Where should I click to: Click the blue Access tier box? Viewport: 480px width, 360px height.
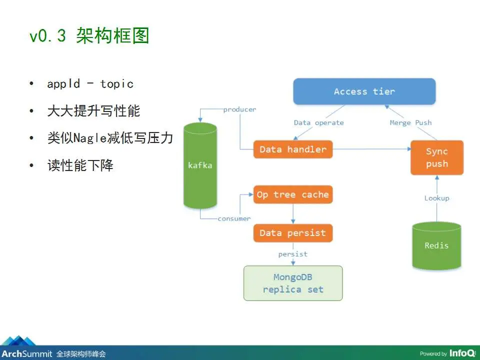(364, 91)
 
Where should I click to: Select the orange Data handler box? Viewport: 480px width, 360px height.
(293, 149)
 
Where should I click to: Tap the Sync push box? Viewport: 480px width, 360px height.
(437, 157)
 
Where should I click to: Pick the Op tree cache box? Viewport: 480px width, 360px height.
(293, 194)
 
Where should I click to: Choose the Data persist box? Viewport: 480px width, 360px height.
(293, 233)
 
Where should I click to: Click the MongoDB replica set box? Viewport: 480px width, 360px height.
(293, 283)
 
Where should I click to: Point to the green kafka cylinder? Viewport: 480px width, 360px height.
(200, 165)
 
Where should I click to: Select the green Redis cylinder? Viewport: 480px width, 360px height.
(436, 246)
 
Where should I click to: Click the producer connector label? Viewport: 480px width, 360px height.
(239, 109)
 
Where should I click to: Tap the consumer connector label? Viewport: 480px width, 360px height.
(234, 218)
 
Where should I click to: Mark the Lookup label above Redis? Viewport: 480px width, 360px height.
(437, 198)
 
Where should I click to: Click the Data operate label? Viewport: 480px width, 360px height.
(318, 123)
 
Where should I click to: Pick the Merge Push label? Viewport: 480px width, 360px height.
(411, 123)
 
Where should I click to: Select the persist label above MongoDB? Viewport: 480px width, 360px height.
(293, 254)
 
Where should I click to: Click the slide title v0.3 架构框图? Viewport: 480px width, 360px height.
(89, 35)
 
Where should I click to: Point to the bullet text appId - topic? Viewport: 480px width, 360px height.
(90, 83)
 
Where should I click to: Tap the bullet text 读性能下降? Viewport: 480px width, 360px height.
(80, 165)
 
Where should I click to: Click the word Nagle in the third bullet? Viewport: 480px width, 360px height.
(90, 138)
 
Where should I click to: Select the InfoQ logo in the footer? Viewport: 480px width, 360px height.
(462, 353)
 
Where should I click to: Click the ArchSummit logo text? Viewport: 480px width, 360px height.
(27, 353)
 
